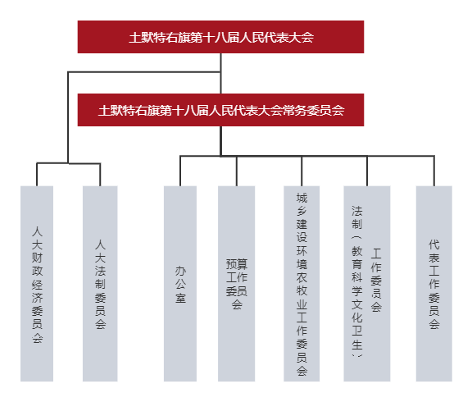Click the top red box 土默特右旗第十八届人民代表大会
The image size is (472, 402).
220,37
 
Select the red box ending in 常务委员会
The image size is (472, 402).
220,110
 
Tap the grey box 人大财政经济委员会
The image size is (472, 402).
37,284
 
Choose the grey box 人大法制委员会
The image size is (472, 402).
100,284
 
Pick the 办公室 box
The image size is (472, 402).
180,284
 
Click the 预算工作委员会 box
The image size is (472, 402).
236,284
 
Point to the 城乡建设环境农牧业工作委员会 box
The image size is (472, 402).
302,284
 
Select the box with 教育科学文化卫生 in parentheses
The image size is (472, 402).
367,284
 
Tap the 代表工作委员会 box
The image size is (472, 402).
434,284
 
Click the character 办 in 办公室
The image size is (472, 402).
180,271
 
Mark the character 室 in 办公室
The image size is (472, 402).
180,298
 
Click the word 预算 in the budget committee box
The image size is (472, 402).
237,264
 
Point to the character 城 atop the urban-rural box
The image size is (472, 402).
302,198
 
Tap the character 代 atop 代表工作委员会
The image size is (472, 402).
434,244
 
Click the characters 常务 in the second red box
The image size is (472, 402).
295,110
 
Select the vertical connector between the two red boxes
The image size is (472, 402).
220,73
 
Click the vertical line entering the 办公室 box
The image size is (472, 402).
180,171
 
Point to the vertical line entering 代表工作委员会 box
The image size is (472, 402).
434,171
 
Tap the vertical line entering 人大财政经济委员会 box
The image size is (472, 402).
37,175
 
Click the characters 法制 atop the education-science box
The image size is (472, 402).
357,217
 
